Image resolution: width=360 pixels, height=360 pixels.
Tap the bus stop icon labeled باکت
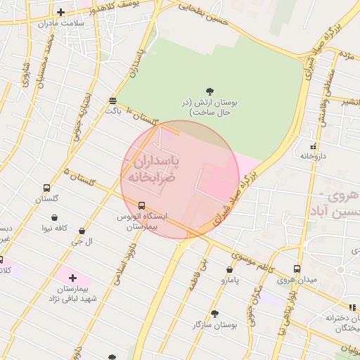[113, 101]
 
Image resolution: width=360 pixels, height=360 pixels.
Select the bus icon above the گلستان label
[47, 188]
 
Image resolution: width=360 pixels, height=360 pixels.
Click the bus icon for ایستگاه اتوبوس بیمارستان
[142, 206]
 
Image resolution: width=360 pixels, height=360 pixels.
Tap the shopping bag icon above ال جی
[82, 231]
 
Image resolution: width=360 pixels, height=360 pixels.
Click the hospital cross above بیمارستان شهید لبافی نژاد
[72, 278]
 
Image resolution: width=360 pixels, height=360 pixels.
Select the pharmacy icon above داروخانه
[313, 147]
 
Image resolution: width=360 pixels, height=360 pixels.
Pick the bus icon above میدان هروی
[297, 269]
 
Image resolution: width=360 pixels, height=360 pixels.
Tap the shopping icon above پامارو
[229, 269]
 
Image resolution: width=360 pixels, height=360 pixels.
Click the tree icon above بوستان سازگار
[214, 314]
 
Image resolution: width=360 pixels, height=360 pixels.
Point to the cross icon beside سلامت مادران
[60, 12]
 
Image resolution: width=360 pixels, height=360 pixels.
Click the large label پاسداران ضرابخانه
[155, 169]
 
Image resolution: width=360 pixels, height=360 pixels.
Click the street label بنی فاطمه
[197, 274]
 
